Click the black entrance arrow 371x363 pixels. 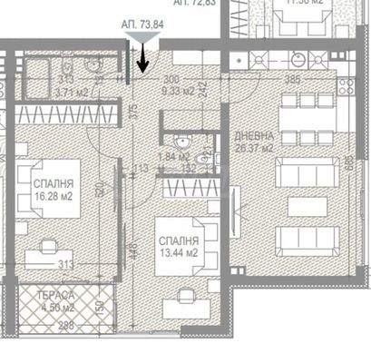pos(143,62)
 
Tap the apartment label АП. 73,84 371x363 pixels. pos(142,26)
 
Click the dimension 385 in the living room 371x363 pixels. pos(292,80)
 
